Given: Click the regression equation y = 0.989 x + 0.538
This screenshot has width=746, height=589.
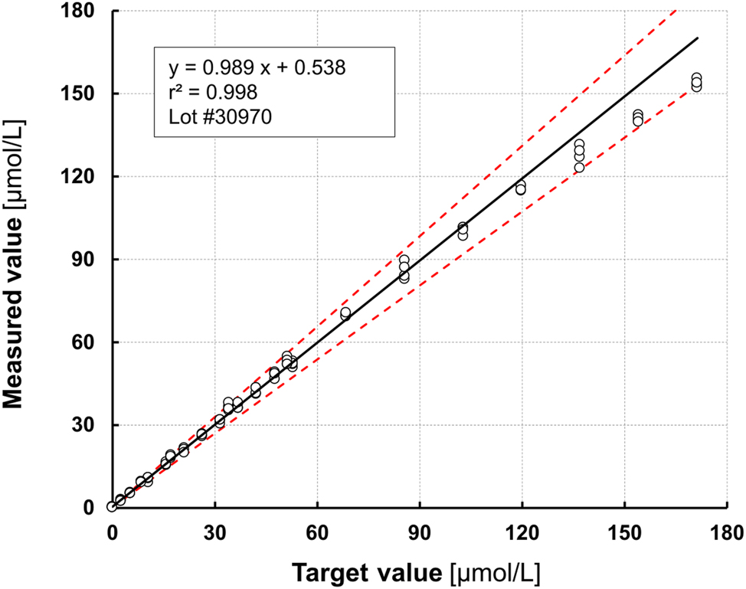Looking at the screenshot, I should pos(257,67).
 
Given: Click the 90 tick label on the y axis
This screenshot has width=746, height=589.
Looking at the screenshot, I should pos(89,260).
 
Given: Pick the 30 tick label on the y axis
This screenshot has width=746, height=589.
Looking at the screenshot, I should pos(89,425).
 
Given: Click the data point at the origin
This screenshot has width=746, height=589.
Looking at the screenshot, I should pos(112,506).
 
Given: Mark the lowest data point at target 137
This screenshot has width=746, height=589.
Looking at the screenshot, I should pos(579,168).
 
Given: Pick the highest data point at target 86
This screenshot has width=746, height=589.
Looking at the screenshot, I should pos(404,260).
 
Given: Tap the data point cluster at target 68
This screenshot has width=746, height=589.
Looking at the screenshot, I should pos(345,313).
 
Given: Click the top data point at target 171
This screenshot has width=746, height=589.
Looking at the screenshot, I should pos(696,78).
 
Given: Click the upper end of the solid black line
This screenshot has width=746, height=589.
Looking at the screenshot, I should pos(698,38).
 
